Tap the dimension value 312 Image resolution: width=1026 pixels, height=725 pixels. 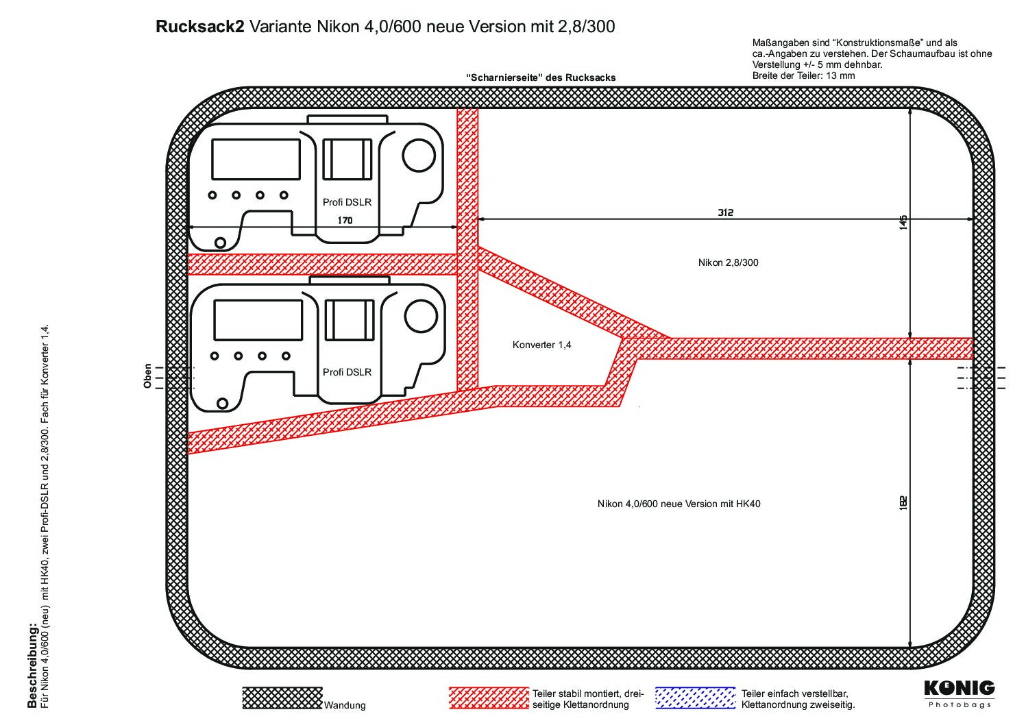pos(725,212)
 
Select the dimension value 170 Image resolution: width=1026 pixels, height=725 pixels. pos(345,220)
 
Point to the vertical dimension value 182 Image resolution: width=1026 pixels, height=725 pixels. pos(903,503)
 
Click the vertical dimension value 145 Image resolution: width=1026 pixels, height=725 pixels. pos(903,222)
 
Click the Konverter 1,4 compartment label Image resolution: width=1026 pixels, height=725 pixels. pos(542,345)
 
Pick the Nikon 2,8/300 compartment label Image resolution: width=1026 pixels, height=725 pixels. pos(729,262)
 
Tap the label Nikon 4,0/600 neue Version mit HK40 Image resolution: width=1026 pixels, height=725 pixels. pos(679,504)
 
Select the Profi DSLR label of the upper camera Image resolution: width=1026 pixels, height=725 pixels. pos(347,202)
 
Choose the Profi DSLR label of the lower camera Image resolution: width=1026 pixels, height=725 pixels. pos(347,372)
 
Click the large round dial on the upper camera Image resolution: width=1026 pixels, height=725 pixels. pos(419,156)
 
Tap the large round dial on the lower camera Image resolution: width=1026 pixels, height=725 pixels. pos(421,316)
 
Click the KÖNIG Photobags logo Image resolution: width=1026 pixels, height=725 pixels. pos(960,694)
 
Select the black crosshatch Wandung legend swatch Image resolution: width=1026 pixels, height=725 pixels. pos(282,698)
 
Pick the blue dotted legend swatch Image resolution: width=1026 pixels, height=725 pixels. pos(695,698)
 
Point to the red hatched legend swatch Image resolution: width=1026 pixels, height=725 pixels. pos(489,698)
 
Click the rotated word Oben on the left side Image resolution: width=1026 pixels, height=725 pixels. pos(147,376)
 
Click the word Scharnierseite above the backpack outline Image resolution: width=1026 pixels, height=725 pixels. pos(505,77)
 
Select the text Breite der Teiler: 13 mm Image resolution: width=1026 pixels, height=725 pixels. pos(803,75)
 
